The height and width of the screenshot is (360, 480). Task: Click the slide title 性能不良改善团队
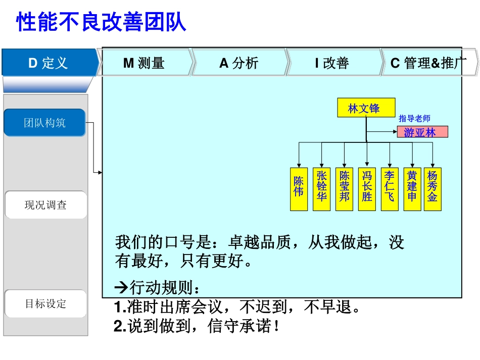point(102,22)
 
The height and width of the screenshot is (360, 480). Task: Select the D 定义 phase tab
point(49,63)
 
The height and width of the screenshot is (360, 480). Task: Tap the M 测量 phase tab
point(144,63)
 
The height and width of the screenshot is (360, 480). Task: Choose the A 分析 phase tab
point(238,63)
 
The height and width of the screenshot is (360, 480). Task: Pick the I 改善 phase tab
point(332,63)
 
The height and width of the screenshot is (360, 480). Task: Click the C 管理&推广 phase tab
point(428,63)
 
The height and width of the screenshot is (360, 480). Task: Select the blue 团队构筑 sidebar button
point(44,123)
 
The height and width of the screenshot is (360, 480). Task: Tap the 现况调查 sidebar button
point(45,205)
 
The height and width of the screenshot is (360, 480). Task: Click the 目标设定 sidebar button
point(45,304)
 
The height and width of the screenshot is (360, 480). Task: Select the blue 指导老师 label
point(414,119)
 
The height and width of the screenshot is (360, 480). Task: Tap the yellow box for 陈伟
point(299,188)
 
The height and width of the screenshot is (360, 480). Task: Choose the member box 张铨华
point(321,188)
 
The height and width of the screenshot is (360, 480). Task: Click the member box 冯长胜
point(367,188)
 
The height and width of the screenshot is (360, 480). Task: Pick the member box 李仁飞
point(389,188)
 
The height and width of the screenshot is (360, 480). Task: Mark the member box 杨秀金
point(433,188)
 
